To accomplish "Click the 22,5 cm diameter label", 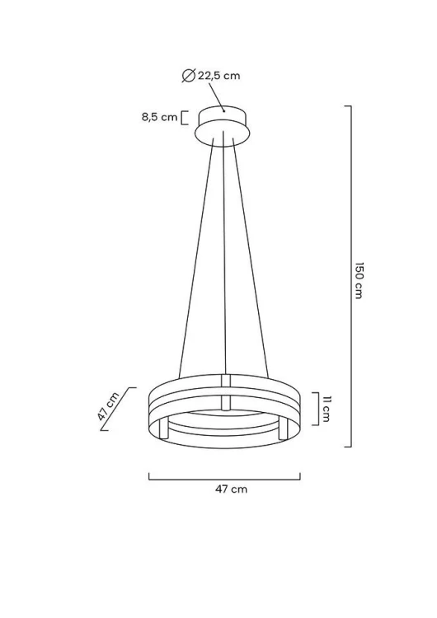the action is tap(218, 75).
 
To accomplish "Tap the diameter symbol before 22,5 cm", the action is tap(189, 75).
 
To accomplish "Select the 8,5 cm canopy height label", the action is tap(159, 117).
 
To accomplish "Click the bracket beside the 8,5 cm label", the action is tap(183, 118).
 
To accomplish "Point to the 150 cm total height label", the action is tap(358, 280).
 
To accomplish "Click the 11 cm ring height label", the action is tap(326, 409).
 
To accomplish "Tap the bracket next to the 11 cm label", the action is tap(317, 409).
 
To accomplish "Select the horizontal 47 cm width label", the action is tap(231, 489).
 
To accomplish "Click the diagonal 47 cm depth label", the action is tap(108, 406).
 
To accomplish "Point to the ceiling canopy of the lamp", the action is tap(223, 126).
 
